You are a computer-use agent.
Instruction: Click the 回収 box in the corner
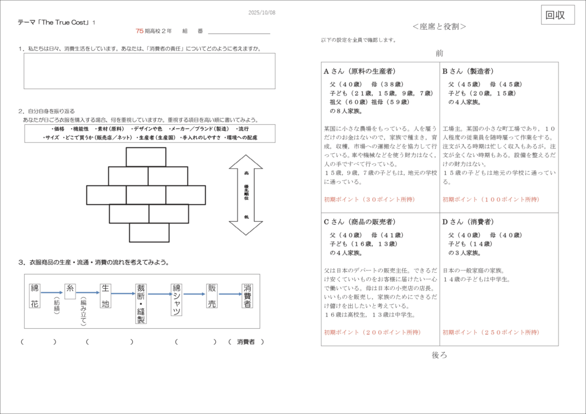click(558, 15)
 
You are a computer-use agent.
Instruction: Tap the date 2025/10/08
click(262, 13)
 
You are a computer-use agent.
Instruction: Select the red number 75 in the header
click(140, 31)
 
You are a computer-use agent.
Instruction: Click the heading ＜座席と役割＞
click(439, 27)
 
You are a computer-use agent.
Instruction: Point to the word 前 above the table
click(439, 53)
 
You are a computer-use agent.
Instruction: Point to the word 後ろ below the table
click(439, 355)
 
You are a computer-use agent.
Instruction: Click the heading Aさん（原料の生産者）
click(359, 71)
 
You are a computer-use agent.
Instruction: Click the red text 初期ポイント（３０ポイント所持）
click(369, 200)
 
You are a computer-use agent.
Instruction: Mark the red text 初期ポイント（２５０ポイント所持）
click(490, 332)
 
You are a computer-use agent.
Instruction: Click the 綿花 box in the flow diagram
click(34, 296)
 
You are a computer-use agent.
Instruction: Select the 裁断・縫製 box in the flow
click(141, 303)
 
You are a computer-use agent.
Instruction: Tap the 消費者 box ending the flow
click(247, 296)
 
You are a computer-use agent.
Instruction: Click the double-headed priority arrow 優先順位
click(246, 194)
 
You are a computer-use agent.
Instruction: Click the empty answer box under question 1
click(149, 71)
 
